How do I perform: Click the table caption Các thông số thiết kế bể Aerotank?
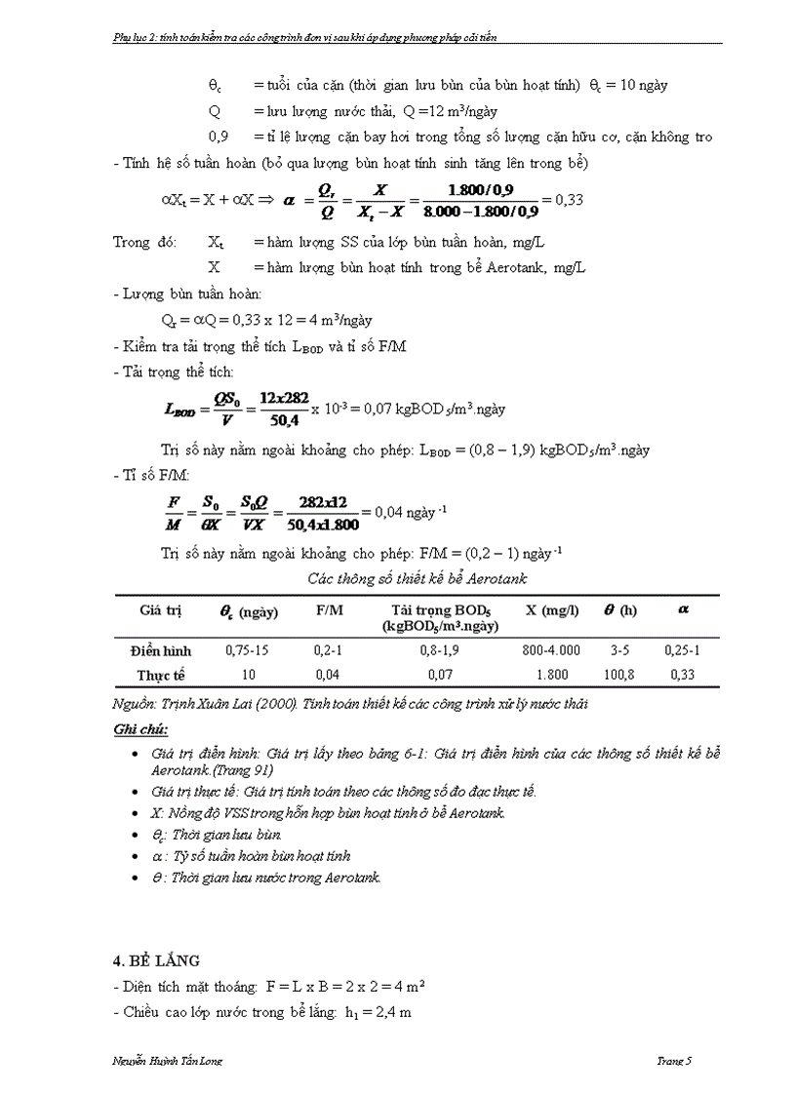(x=418, y=578)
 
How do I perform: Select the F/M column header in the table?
(x=328, y=611)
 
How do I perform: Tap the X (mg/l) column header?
(x=552, y=610)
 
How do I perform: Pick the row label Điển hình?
(x=161, y=650)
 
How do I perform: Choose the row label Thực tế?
(x=161, y=674)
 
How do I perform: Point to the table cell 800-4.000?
(x=552, y=650)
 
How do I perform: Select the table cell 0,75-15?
(x=246, y=650)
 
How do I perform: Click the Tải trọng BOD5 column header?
(x=440, y=618)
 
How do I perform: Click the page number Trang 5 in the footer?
(x=673, y=1062)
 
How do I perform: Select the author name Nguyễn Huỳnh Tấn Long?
(x=168, y=1062)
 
